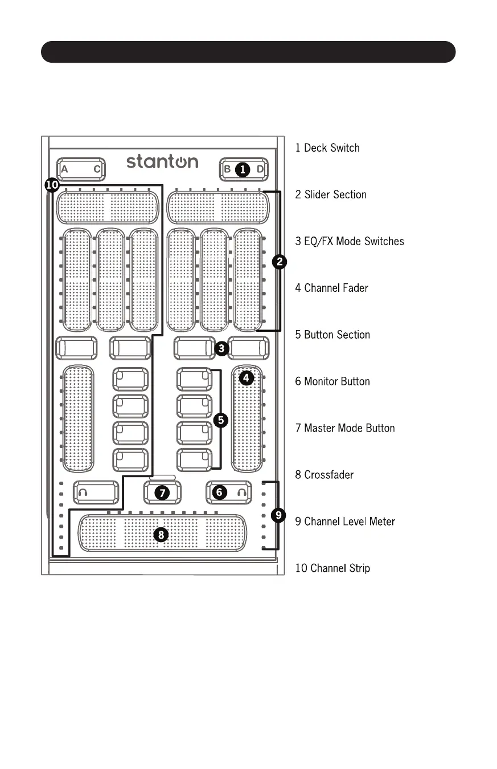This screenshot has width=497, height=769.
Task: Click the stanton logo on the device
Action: (162, 161)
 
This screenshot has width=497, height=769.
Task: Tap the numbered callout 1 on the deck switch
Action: (243, 169)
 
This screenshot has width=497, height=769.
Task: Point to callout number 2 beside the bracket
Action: (280, 262)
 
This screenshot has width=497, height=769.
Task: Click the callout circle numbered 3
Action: (223, 347)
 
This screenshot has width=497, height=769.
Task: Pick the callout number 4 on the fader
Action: (247, 378)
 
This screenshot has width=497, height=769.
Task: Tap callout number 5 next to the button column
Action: (221, 420)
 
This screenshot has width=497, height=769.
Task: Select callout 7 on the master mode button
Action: (162, 493)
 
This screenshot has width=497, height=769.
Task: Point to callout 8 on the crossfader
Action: (162, 535)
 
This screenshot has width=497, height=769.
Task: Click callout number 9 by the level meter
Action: (278, 515)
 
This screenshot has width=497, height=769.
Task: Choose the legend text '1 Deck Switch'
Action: (327, 148)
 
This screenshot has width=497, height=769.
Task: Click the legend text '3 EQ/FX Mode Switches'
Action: (350, 241)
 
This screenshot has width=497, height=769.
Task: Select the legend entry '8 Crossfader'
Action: (324, 475)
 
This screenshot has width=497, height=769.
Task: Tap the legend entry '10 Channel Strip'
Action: (332, 568)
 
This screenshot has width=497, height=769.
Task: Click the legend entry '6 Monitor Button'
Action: (332, 381)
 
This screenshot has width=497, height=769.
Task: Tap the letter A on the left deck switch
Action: (64, 169)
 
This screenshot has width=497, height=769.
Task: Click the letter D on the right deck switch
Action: (260, 169)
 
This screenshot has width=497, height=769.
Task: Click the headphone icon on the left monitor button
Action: (83, 492)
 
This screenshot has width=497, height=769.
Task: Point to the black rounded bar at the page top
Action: (248, 52)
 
